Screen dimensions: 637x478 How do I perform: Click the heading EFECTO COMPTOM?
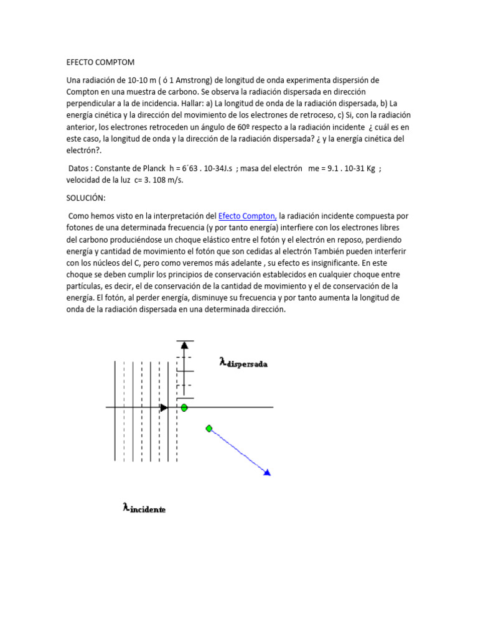[100, 63]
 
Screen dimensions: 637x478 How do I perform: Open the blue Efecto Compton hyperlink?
[247, 216]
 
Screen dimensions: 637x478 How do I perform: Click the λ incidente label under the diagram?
[144, 508]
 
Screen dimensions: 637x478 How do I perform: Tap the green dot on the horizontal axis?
[184, 407]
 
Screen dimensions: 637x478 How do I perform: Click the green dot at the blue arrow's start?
[209, 428]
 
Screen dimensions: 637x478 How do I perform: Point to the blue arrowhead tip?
[268, 473]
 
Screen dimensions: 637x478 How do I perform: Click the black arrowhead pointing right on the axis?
[164, 407]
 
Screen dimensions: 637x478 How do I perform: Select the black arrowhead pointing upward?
[184, 344]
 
